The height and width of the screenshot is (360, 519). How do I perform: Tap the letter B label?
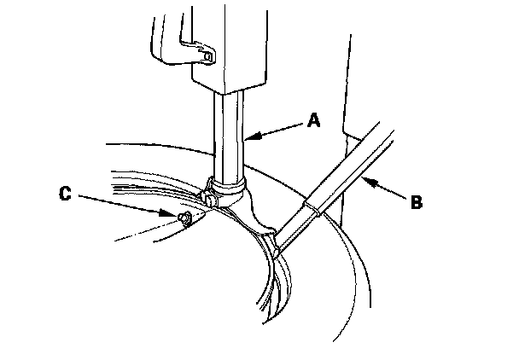416,202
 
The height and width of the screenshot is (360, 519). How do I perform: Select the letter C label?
64,194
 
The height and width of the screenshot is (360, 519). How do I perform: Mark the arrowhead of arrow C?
172,214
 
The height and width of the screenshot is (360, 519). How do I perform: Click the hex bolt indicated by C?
184,220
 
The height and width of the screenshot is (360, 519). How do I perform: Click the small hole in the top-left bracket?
208,56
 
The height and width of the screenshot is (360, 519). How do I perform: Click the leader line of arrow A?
277,128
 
